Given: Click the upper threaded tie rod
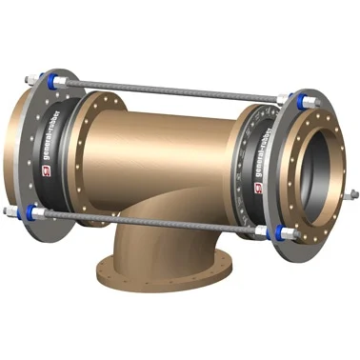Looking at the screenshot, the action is coord(171,90).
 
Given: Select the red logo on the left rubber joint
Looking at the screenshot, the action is coord(46,170).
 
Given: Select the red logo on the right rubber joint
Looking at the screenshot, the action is coord(258,188).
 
